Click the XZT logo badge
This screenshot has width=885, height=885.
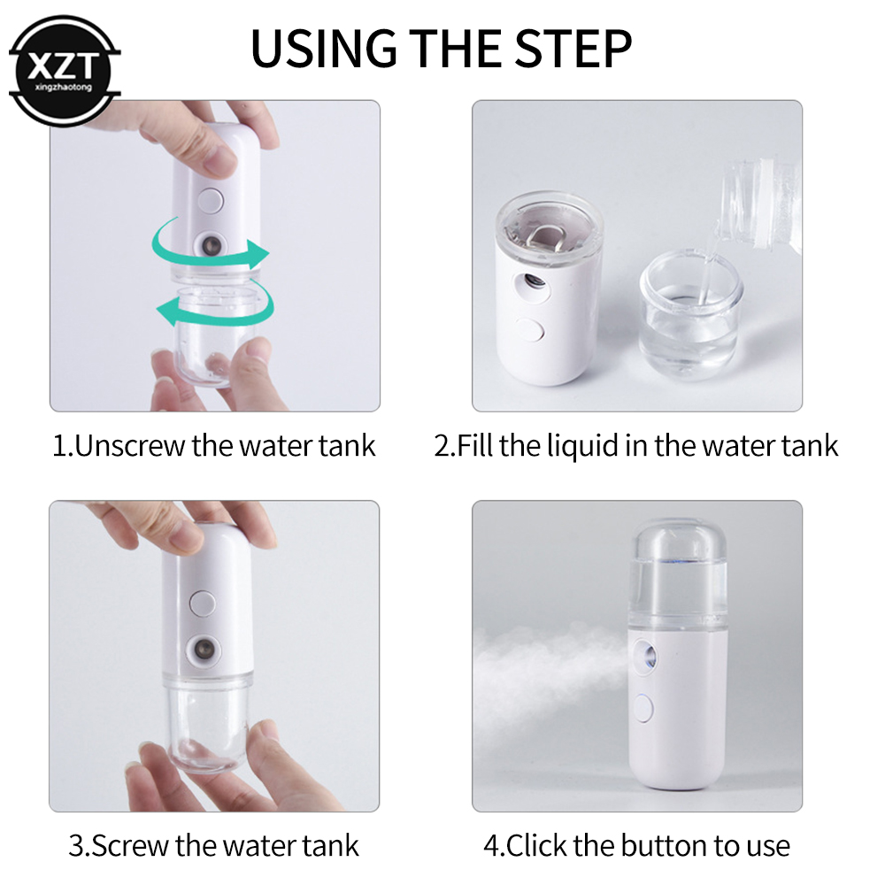pos(64,69)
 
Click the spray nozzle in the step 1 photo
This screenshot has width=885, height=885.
pos(210,243)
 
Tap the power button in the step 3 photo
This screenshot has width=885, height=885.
pos(203,603)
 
